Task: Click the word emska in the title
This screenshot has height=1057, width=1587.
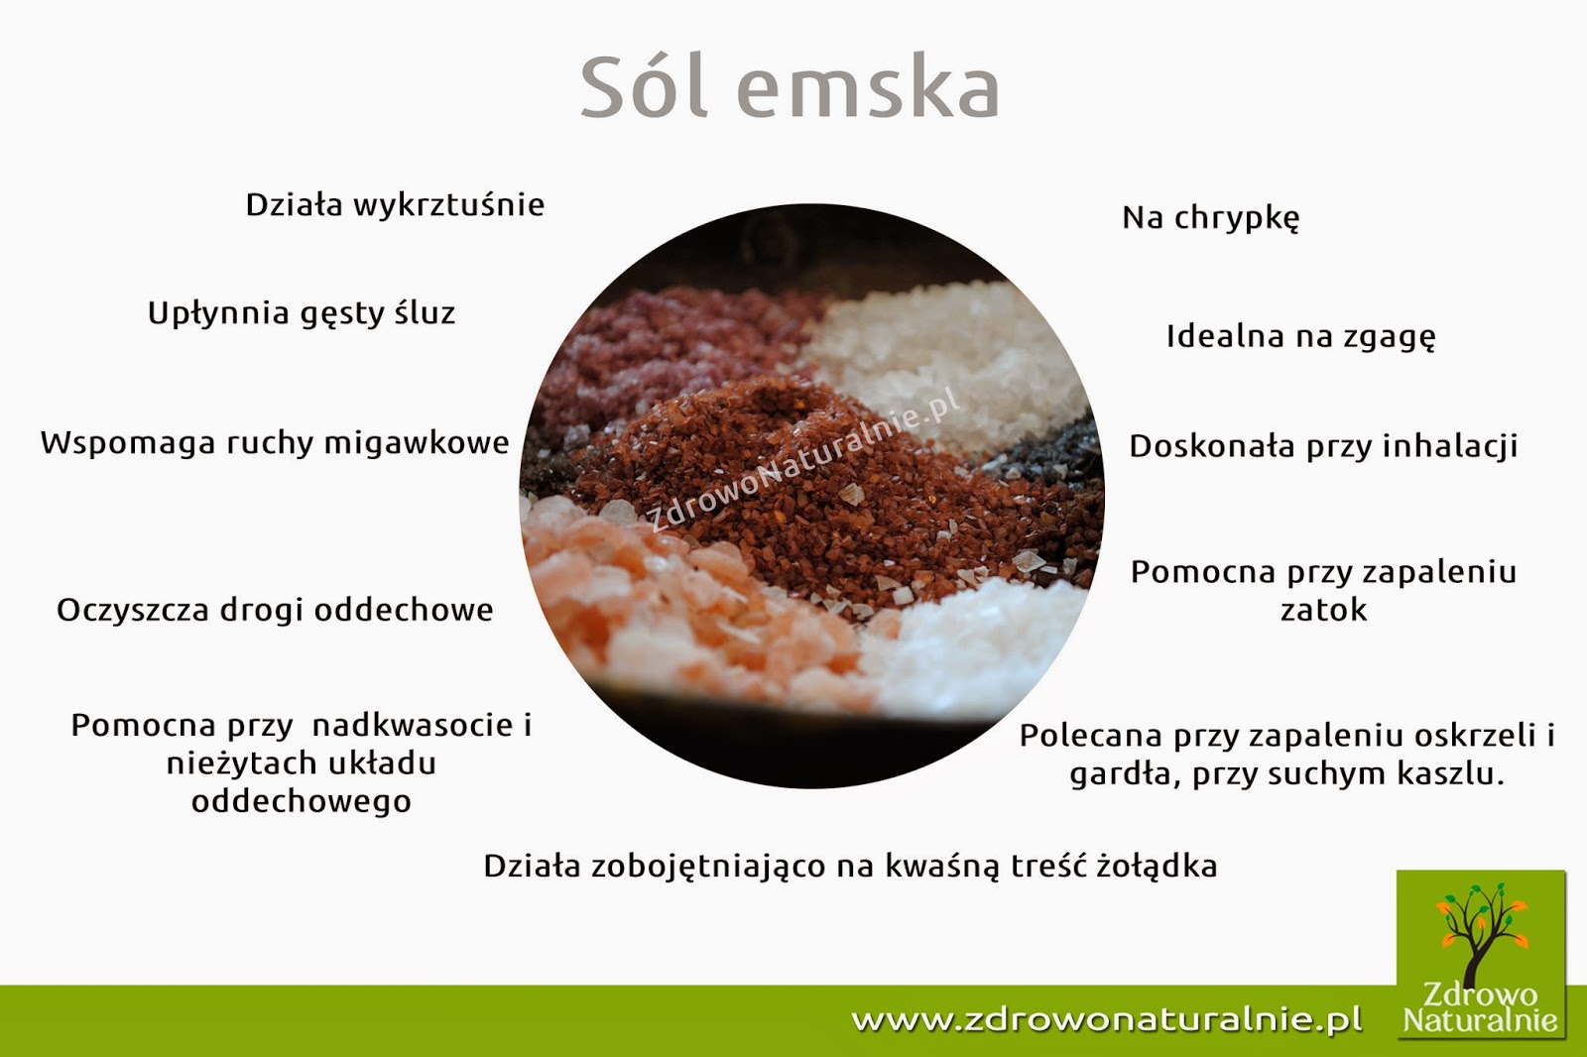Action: (x=868, y=89)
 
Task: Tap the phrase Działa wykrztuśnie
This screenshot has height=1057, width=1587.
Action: (x=395, y=205)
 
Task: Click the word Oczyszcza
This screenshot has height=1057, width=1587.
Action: (x=132, y=611)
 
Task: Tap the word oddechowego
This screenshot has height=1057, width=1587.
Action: (x=302, y=801)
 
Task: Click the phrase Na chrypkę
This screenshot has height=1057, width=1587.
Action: (x=1210, y=218)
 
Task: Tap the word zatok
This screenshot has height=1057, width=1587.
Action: (x=1323, y=610)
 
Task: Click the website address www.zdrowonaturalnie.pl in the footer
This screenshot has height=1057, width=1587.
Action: (x=1107, y=1019)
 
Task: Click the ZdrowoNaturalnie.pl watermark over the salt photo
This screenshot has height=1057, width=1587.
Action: (x=803, y=458)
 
